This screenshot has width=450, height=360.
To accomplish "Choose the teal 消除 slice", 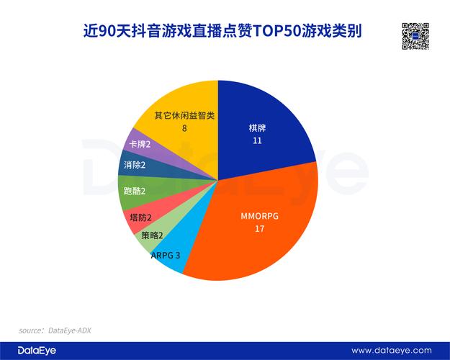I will pyautogui.click(x=133, y=166).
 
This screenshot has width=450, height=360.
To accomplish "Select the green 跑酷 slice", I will pyautogui.click(x=132, y=192).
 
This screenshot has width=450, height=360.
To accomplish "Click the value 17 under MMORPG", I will pyautogui.click(x=260, y=228).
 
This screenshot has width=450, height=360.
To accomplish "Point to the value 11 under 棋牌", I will pyautogui.click(x=257, y=141).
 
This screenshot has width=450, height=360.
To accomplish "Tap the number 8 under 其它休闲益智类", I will pyautogui.click(x=184, y=128).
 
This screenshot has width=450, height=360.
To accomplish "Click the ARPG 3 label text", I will pyautogui.click(x=166, y=256).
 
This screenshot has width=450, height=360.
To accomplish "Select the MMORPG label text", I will pyautogui.click(x=260, y=215).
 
